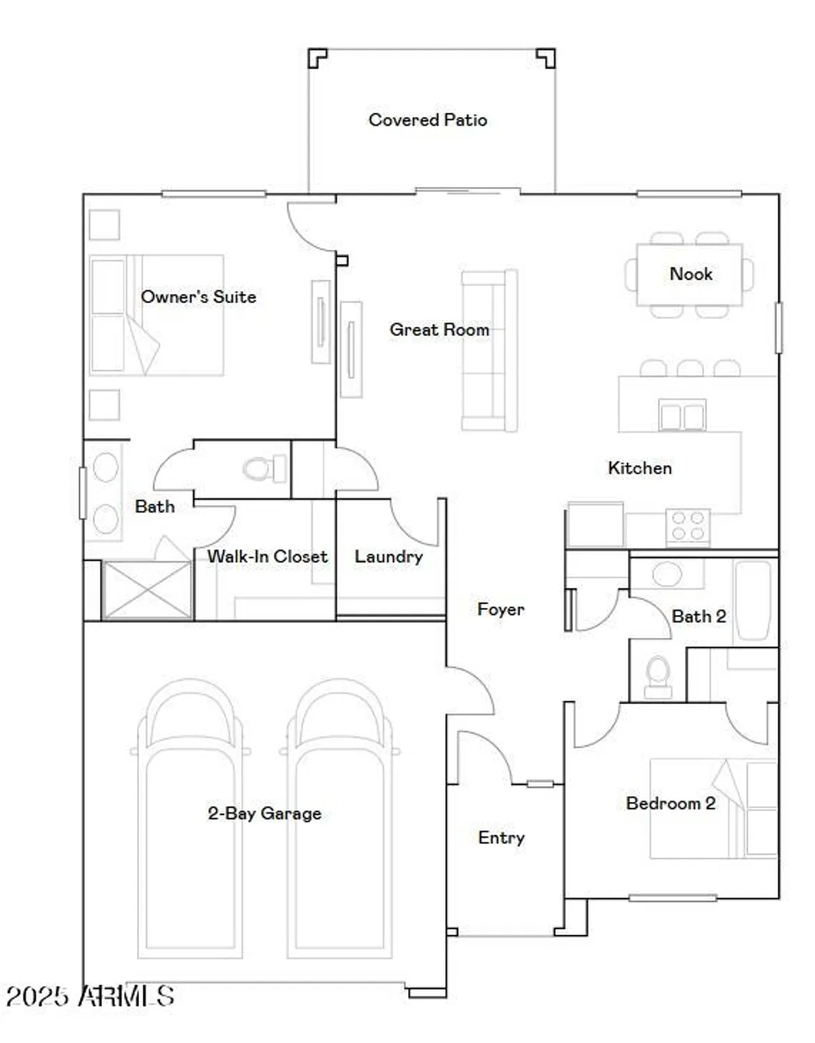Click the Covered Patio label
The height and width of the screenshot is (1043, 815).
coord(428,120)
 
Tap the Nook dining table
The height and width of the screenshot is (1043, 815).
coord(690,275)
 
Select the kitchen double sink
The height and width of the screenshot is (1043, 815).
coord(682,416)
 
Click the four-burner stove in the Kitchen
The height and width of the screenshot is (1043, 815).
coord(688,526)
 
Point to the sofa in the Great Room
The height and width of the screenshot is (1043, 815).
coord(490,351)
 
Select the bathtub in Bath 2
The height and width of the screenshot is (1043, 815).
coord(754,599)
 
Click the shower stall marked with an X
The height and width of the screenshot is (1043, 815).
coord(147,590)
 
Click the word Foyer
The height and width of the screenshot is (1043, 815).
coord(501,609)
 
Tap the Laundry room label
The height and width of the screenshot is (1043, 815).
coord(389,556)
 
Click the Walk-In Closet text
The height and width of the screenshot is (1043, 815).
coord(268,556)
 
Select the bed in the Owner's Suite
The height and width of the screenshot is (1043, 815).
coord(156,315)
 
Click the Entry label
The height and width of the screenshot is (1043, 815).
coord(501,837)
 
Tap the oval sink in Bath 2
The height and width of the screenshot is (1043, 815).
coord(667,574)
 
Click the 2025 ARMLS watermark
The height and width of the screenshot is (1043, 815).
coord(90,996)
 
